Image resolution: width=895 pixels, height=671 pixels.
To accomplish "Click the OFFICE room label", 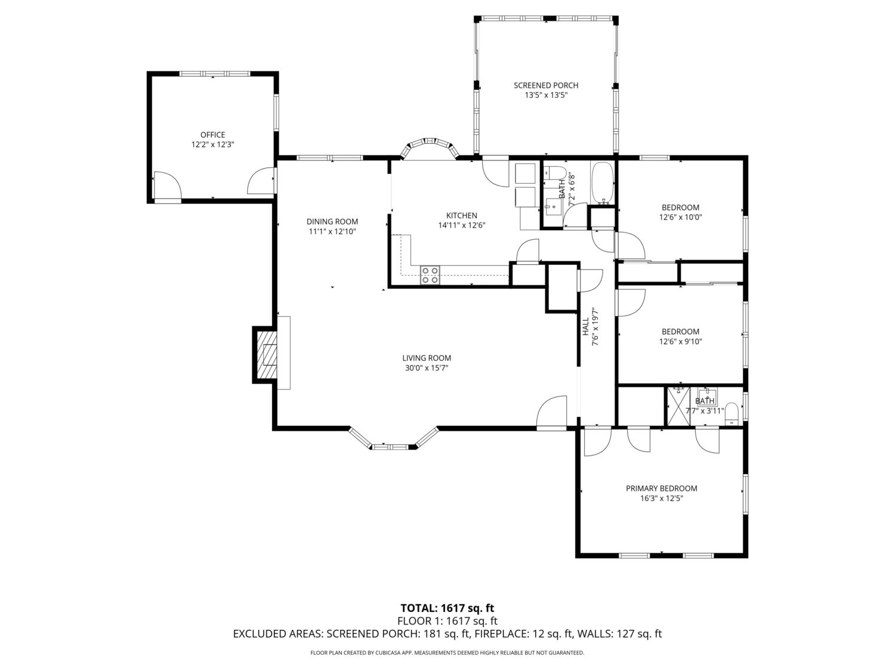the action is [212, 135].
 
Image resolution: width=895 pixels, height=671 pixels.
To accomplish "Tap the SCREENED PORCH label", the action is [545, 85].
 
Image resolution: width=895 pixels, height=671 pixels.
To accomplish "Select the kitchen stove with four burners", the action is [430, 274].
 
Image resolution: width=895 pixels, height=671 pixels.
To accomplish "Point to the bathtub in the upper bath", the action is [603, 183].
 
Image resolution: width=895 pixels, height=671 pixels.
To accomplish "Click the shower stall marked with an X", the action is [678, 407].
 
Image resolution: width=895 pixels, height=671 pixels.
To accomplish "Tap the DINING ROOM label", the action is [332, 222].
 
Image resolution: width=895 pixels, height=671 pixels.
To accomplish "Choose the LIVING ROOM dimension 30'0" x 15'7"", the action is [426, 368].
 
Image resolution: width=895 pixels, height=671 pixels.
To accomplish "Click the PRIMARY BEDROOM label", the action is [661, 488].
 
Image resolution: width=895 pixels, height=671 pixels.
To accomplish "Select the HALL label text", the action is [585, 327].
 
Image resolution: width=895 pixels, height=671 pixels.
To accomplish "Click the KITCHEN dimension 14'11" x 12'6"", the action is [462, 225].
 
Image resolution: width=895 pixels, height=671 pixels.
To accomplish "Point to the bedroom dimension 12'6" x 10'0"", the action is [680, 217].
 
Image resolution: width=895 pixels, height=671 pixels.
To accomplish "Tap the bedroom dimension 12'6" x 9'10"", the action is [680, 341].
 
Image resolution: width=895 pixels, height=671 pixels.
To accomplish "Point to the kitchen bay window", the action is [430, 147].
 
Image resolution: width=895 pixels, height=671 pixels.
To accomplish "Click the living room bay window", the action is [393, 439].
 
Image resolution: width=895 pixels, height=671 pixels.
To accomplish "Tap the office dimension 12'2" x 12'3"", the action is [212, 144].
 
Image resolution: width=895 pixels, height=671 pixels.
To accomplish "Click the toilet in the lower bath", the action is [732, 414].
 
